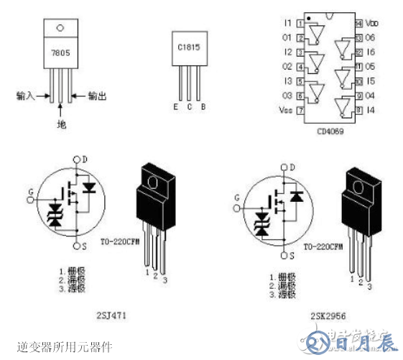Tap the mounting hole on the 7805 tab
(61, 28)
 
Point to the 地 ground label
(62, 124)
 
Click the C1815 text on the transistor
(188, 47)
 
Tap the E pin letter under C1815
(175, 108)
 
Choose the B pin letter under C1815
(203, 108)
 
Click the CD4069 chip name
(330, 131)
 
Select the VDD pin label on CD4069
(371, 24)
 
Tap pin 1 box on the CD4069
(300, 24)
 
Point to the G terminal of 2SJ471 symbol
(29, 191)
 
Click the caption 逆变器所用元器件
(65, 346)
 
